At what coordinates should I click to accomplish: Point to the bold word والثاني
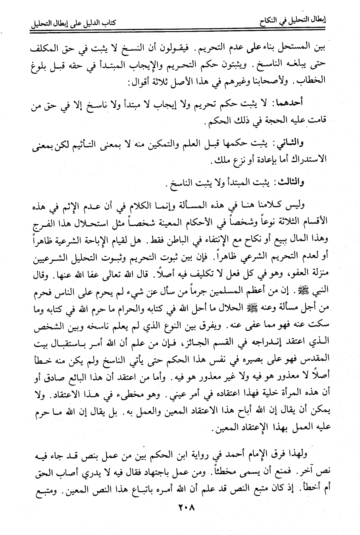(289, 143)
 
